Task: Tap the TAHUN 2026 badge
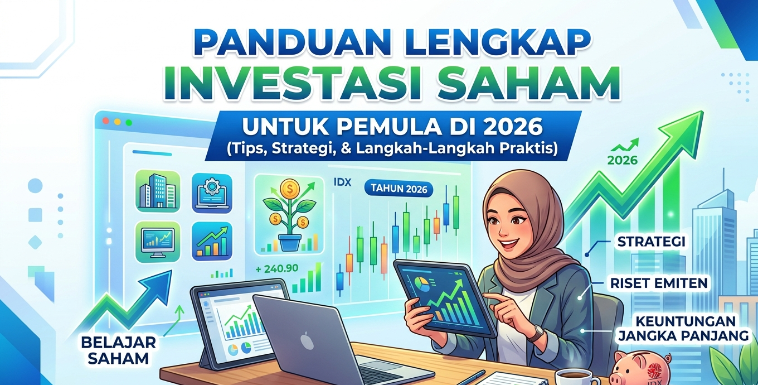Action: [399, 189]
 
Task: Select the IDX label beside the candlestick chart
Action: [342, 182]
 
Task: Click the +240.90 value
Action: [277, 269]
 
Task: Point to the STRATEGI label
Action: [652, 242]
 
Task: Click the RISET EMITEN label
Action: [659, 283]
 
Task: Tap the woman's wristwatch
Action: [537, 334]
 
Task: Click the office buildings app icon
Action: [158, 191]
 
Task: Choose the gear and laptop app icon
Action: [212, 193]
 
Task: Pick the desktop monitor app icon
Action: [158, 242]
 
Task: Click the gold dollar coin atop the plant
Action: [289, 189]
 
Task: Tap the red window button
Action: [105, 121]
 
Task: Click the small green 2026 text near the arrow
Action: [623, 160]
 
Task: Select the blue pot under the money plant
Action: [290, 243]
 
